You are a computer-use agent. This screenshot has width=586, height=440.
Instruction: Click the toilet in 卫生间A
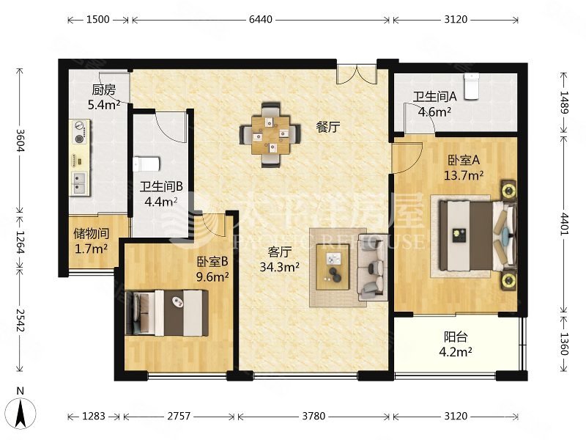[x=472, y=87]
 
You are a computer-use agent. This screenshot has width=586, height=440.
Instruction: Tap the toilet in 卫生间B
[x=146, y=164]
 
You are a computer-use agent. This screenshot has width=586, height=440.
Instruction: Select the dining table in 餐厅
[x=270, y=135]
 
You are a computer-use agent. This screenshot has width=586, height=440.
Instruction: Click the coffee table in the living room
[x=333, y=267]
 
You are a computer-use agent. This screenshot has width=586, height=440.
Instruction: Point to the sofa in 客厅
[x=371, y=267]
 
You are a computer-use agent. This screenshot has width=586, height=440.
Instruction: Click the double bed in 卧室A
[x=478, y=235]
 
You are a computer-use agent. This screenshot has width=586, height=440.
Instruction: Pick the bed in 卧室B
[x=167, y=313]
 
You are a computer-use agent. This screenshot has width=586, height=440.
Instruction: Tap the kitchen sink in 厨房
[x=79, y=183]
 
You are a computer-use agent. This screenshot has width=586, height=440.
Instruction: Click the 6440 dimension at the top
[x=261, y=20]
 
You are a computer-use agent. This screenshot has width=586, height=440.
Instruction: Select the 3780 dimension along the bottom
[x=314, y=416]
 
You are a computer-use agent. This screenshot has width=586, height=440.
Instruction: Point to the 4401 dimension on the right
[x=564, y=224]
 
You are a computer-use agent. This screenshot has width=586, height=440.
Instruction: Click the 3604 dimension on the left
[x=21, y=140]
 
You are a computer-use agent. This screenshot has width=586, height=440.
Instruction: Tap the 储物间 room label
[x=91, y=233]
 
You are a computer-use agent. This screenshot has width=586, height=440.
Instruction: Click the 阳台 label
[x=456, y=337]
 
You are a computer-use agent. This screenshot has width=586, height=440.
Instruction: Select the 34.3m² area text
[x=279, y=267]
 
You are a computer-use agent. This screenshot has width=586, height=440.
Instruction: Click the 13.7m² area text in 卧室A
[x=464, y=175]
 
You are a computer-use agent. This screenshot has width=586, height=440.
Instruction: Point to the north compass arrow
[x=21, y=414]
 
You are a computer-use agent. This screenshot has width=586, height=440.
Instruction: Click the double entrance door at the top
[x=357, y=75]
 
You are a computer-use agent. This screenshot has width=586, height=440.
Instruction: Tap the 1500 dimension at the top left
[x=98, y=20]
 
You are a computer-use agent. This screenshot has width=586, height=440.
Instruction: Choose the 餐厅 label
[x=327, y=127]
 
